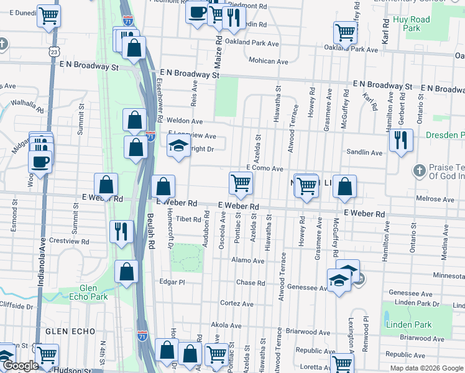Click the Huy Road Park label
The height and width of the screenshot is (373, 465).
click(412, 24)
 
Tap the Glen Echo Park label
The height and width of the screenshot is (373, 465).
click(93, 292)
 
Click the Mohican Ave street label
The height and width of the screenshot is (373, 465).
click(269, 62)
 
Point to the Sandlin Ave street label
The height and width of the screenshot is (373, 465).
click(364, 152)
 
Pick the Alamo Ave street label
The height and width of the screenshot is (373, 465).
click(248, 260)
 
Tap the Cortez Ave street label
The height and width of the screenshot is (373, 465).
click(237, 304)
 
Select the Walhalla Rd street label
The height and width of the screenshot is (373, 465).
click(27, 106)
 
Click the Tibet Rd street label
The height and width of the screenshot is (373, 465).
click(188, 219)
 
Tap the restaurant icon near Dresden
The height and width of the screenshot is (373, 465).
click(401, 140)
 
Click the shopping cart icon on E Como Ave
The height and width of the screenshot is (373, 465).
click(241, 183)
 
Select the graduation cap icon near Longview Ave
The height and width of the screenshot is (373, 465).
click(178, 147)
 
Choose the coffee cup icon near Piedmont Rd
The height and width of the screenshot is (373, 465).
click(197, 11)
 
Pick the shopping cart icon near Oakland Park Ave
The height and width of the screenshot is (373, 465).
click(345, 32)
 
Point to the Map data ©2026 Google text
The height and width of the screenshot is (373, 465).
click(426, 368)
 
